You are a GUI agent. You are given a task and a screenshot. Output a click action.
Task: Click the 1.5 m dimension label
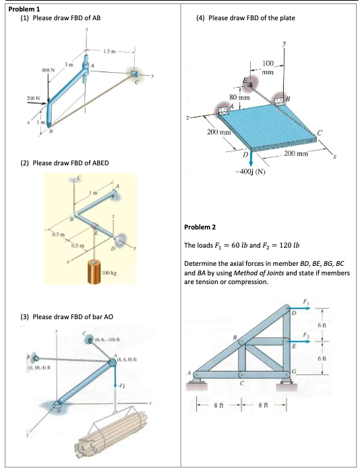(111, 53)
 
